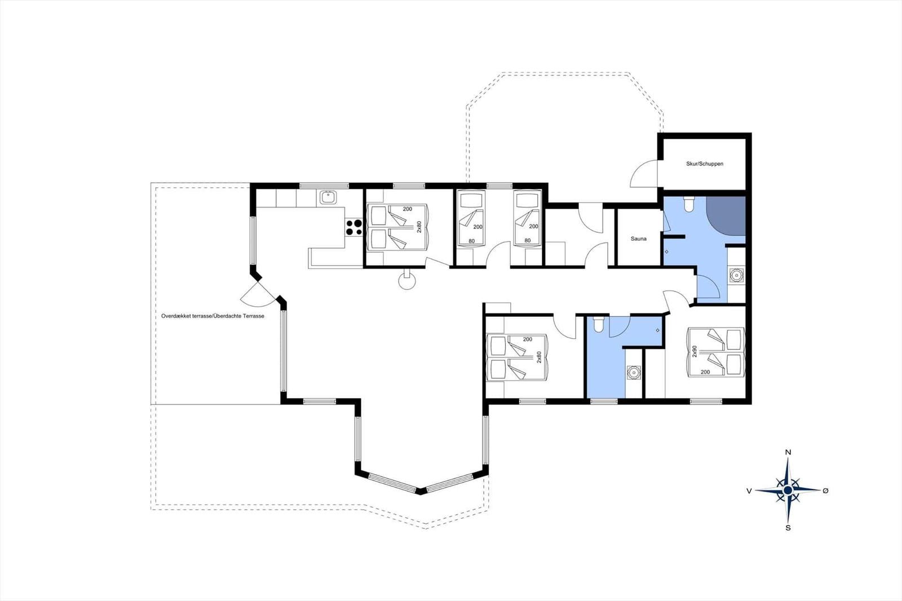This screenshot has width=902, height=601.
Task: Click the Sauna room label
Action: (638, 239)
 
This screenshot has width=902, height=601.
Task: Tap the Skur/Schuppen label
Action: (705, 164)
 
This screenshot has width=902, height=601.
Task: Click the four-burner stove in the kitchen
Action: (353, 227)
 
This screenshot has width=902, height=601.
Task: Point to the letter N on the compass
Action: (789, 452)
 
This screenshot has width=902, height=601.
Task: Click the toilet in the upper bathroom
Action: (688, 204)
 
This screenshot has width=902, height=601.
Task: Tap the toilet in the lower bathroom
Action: (598, 324)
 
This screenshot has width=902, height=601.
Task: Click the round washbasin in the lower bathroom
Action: (634, 372)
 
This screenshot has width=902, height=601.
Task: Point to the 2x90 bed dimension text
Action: (694, 352)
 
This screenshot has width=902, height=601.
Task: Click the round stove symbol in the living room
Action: (406, 280)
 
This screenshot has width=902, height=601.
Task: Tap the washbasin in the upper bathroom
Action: (736, 275)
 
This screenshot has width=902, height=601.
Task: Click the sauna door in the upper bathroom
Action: (666, 222)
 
